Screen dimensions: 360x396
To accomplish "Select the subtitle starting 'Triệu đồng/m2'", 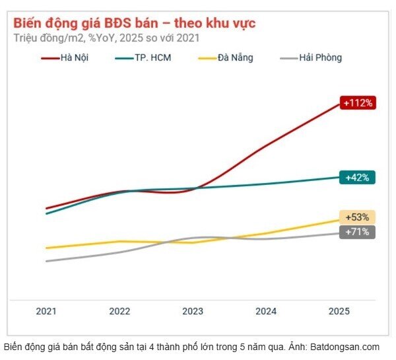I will [106, 38].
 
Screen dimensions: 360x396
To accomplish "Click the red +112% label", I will [358, 102].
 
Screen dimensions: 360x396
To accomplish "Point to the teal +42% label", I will [358, 177].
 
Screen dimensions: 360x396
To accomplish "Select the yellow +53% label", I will [358, 217].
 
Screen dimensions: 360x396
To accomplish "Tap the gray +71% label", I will [358, 232].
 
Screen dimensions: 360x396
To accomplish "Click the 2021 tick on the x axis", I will [46, 311].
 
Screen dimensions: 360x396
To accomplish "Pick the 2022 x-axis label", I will [119, 311].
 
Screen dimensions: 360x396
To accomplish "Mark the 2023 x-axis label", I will [193, 311].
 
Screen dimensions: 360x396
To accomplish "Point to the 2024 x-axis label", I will [266, 311].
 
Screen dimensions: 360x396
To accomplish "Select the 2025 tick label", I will [339, 311].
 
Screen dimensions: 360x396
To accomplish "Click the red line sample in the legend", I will [49, 58].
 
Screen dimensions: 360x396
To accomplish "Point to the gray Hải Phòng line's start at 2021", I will [47, 261].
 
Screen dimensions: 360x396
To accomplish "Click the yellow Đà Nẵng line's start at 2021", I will [47, 248].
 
